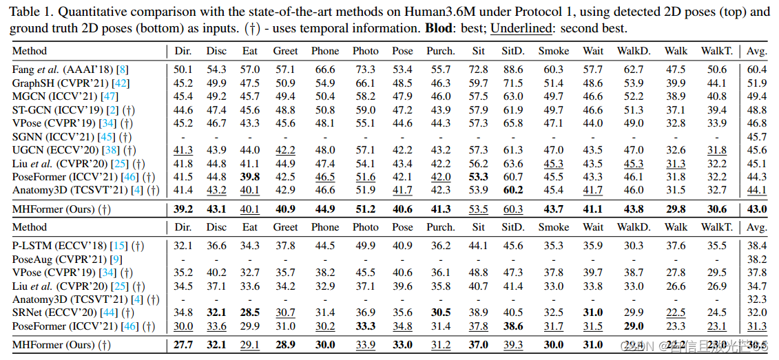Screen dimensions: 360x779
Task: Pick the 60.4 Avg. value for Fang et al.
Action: (x=757, y=70)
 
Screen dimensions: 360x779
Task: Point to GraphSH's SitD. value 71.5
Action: (x=512, y=83)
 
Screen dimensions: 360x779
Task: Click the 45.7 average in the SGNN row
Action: (x=757, y=136)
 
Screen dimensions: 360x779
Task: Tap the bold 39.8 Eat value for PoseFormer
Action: (x=251, y=177)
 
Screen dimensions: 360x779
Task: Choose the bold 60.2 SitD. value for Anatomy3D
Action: (x=512, y=190)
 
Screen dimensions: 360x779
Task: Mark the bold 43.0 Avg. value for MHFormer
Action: (x=757, y=209)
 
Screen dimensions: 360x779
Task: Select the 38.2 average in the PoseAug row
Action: (x=757, y=260)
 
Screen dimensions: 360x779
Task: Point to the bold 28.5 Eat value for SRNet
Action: (x=251, y=313)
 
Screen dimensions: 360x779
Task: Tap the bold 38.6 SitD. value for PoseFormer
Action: (x=512, y=326)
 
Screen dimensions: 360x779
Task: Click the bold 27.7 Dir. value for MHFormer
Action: (x=183, y=345)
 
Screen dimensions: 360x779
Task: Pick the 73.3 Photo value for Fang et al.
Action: (x=365, y=70)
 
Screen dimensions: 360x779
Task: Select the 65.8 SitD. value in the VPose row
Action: (x=512, y=123)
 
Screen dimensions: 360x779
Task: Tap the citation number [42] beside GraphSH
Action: (x=120, y=83)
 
